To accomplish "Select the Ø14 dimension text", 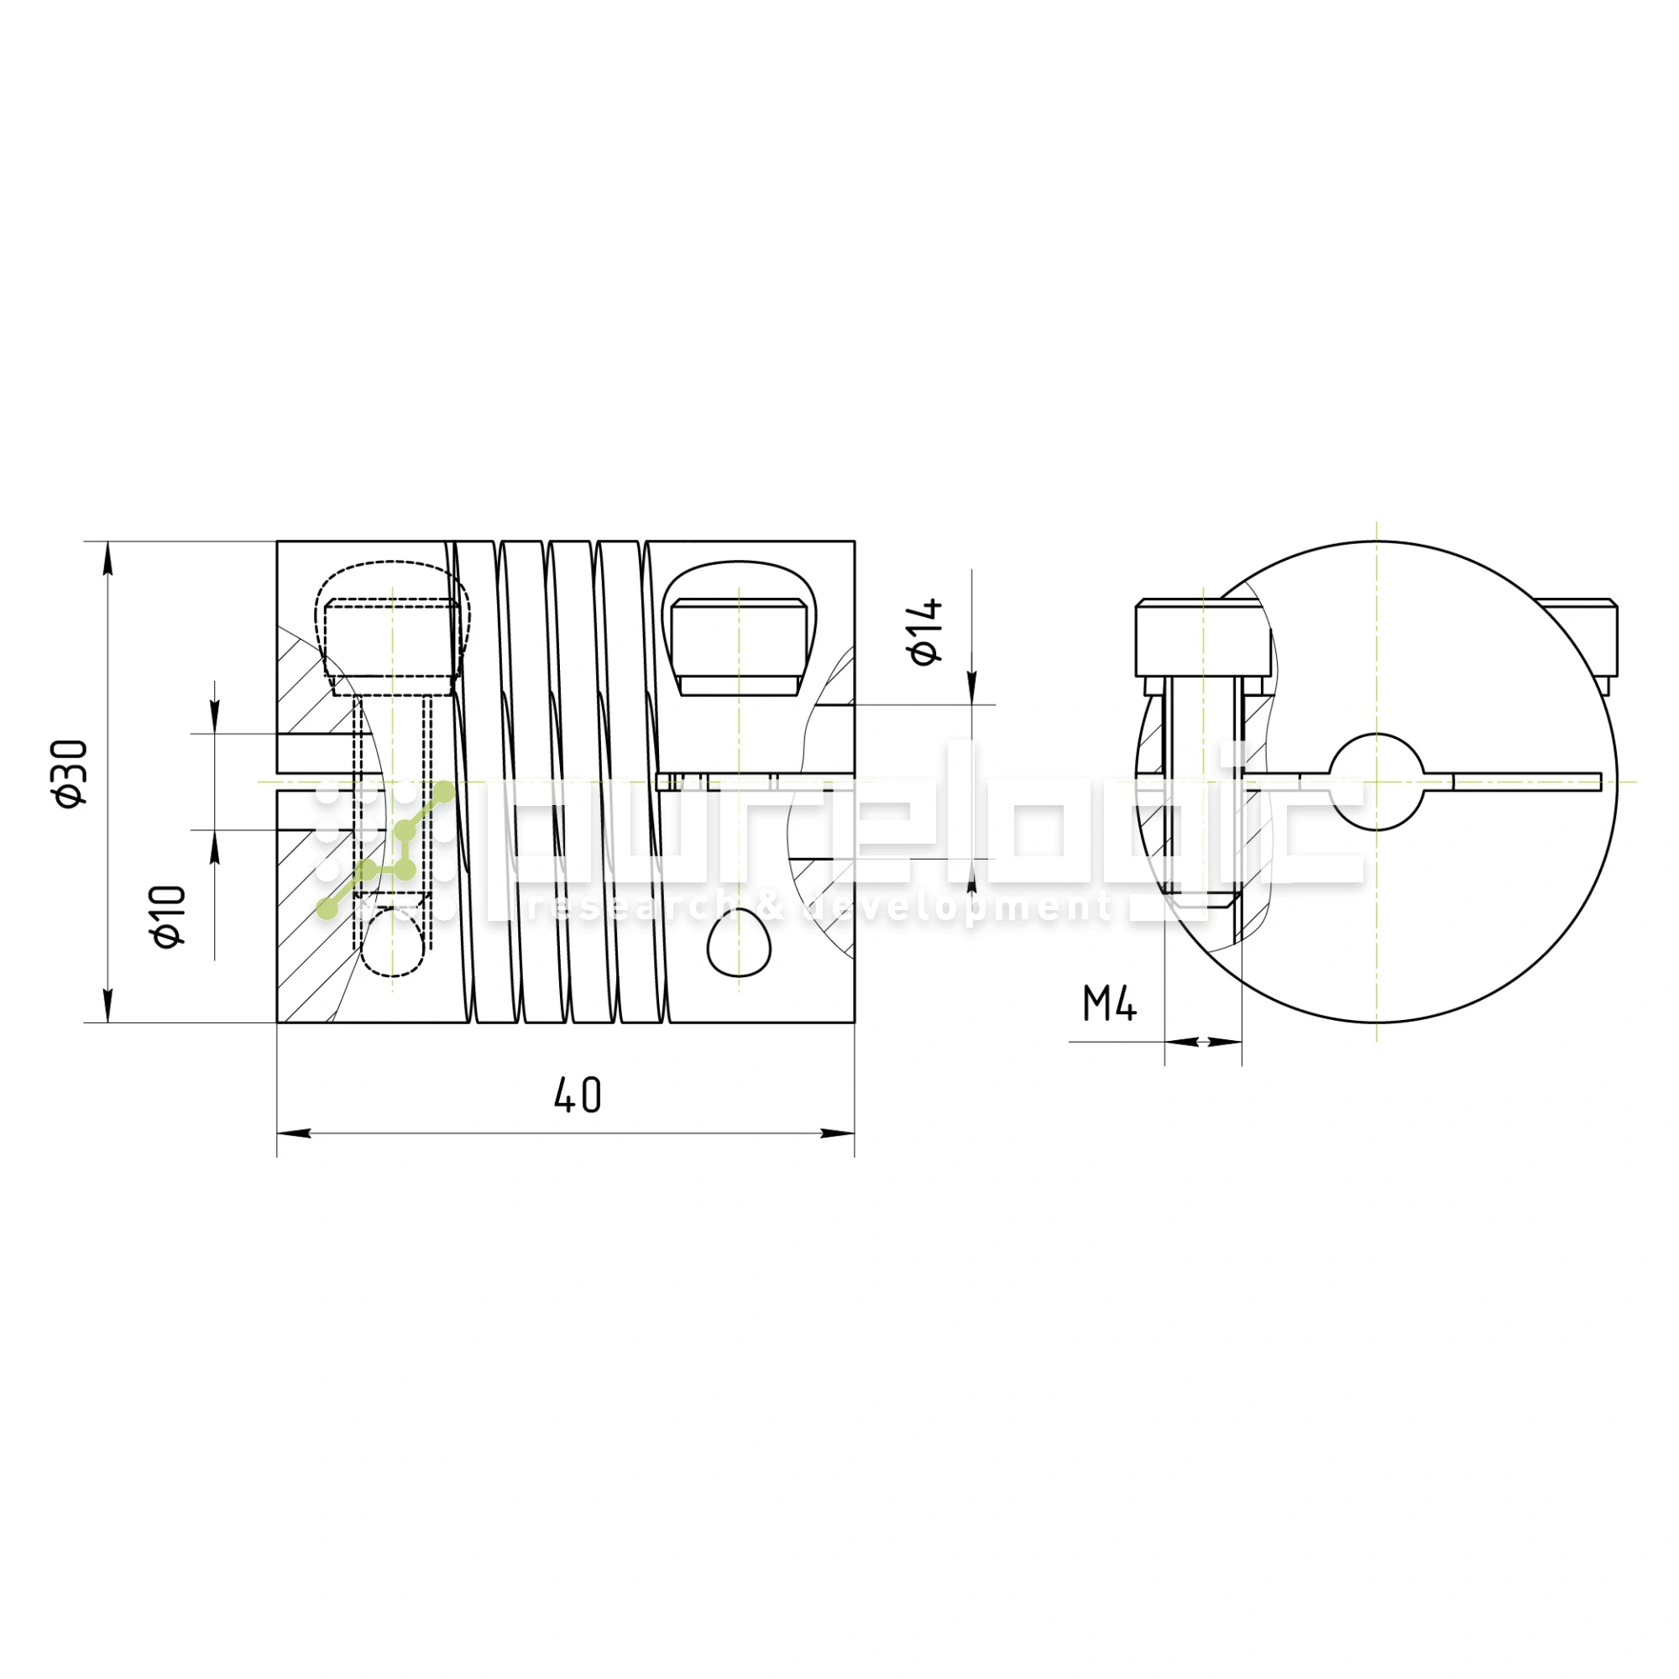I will coord(927,631).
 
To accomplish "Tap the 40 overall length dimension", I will coord(577,1095).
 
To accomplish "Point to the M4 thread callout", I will coord(1109,1005).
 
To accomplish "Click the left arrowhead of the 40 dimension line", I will coord(294,1133).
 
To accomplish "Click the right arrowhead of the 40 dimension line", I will coord(838,1133).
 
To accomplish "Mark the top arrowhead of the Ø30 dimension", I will coord(107,558).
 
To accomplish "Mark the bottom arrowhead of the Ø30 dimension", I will coord(107,1005).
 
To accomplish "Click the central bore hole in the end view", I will coord(1377,782).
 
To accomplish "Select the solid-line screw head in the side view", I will coord(738,647).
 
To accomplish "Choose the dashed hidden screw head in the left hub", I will coord(392,641).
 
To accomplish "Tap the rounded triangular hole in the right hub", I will coord(738,945).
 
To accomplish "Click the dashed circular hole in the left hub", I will coord(393,943).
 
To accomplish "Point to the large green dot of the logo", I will coord(443,792).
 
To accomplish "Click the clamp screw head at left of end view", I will coord(1203,639).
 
